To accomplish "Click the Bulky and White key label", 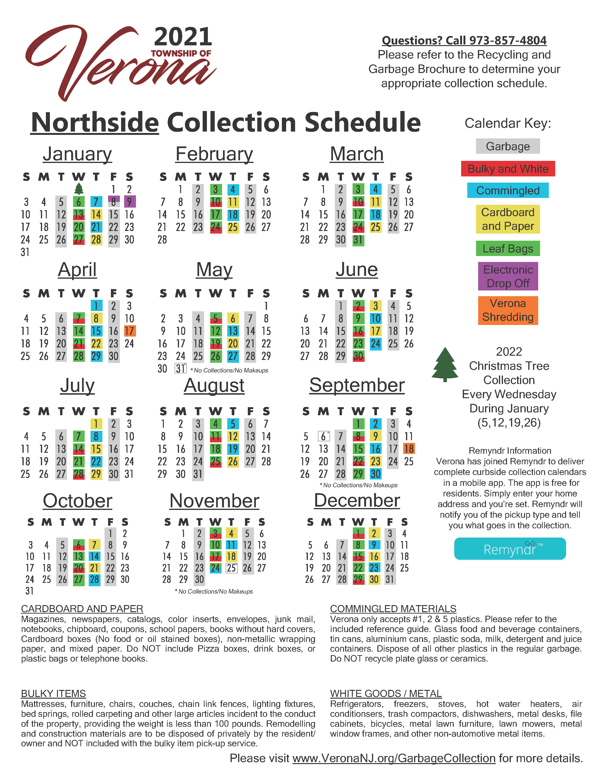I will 508,169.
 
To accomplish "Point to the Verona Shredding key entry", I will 508,310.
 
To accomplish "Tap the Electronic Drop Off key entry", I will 508,276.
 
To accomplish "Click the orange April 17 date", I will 129,331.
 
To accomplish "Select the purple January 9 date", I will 129,202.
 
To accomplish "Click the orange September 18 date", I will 409,449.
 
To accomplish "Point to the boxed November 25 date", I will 231,568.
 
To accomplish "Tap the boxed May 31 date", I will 180,368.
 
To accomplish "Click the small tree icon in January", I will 79,189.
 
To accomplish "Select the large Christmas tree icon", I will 445,364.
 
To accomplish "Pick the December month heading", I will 357,500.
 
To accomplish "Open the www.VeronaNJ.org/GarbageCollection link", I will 394,758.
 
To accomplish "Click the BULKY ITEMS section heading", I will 53,694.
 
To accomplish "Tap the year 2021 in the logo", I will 183,37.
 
